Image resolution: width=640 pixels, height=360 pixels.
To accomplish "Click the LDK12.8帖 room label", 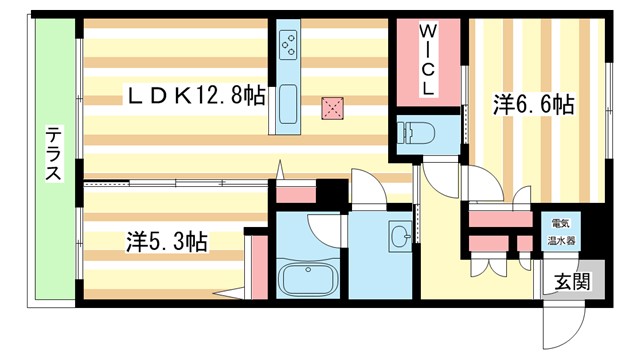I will [195, 96].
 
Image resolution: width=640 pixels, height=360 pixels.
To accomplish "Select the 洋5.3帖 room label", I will [167, 241].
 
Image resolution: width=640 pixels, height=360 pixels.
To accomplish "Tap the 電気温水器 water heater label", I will [558, 233].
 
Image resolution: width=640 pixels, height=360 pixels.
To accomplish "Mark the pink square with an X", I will [332, 106].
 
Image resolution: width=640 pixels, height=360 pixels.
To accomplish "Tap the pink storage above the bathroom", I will [295, 194].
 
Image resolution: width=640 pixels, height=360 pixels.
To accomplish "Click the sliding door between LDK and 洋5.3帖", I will [176, 182].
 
